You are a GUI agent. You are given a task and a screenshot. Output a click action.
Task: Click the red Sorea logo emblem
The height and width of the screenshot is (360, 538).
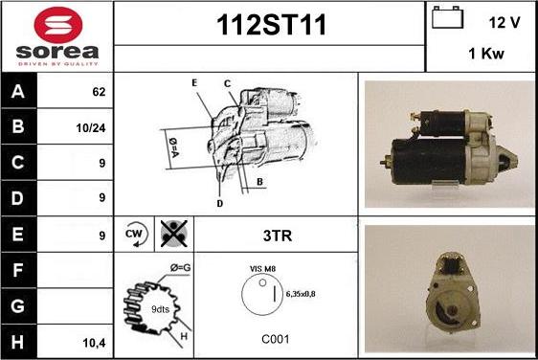[58, 25]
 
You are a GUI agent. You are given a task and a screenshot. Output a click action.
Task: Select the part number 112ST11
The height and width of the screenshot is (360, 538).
[271, 25]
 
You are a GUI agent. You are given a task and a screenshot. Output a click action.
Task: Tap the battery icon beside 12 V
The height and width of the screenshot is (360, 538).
[447, 17]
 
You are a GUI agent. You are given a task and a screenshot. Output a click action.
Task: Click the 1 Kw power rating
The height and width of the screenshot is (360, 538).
[486, 54]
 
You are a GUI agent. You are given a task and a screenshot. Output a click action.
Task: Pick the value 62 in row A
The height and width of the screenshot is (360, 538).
[99, 92]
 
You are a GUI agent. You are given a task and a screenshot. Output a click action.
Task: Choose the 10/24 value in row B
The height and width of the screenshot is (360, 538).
[91, 128]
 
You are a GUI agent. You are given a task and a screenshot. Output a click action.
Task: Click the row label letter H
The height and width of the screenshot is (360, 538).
[17, 342]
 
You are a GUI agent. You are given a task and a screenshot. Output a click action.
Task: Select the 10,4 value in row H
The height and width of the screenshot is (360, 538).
[94, 343]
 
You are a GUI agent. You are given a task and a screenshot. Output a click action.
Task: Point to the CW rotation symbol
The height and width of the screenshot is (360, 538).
[135, 234]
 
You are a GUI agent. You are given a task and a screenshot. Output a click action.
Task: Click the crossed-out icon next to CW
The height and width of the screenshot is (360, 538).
[174, 234]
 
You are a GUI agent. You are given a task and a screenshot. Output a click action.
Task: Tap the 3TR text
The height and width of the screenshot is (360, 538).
[278, 236]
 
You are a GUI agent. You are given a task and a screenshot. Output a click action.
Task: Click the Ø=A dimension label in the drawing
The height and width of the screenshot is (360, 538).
[173, 147]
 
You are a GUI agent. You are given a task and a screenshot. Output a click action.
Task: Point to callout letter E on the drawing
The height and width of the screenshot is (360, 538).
[194, 83]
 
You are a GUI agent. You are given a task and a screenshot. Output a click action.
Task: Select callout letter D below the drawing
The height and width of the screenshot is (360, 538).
[220, 204]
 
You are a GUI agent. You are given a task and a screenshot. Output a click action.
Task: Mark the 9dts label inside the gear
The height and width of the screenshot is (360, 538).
[160, 309]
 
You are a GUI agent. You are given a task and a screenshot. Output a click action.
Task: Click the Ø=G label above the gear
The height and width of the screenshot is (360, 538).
[181, 268]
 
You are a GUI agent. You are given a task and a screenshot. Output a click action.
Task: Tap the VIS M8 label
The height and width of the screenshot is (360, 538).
[262, 269]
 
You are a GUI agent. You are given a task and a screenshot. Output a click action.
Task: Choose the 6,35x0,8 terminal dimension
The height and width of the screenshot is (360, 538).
[301, 294]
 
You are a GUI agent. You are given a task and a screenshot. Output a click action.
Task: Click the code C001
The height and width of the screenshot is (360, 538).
[275, 339]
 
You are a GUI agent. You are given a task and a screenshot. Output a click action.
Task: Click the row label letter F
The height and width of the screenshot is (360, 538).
[17, 270]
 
